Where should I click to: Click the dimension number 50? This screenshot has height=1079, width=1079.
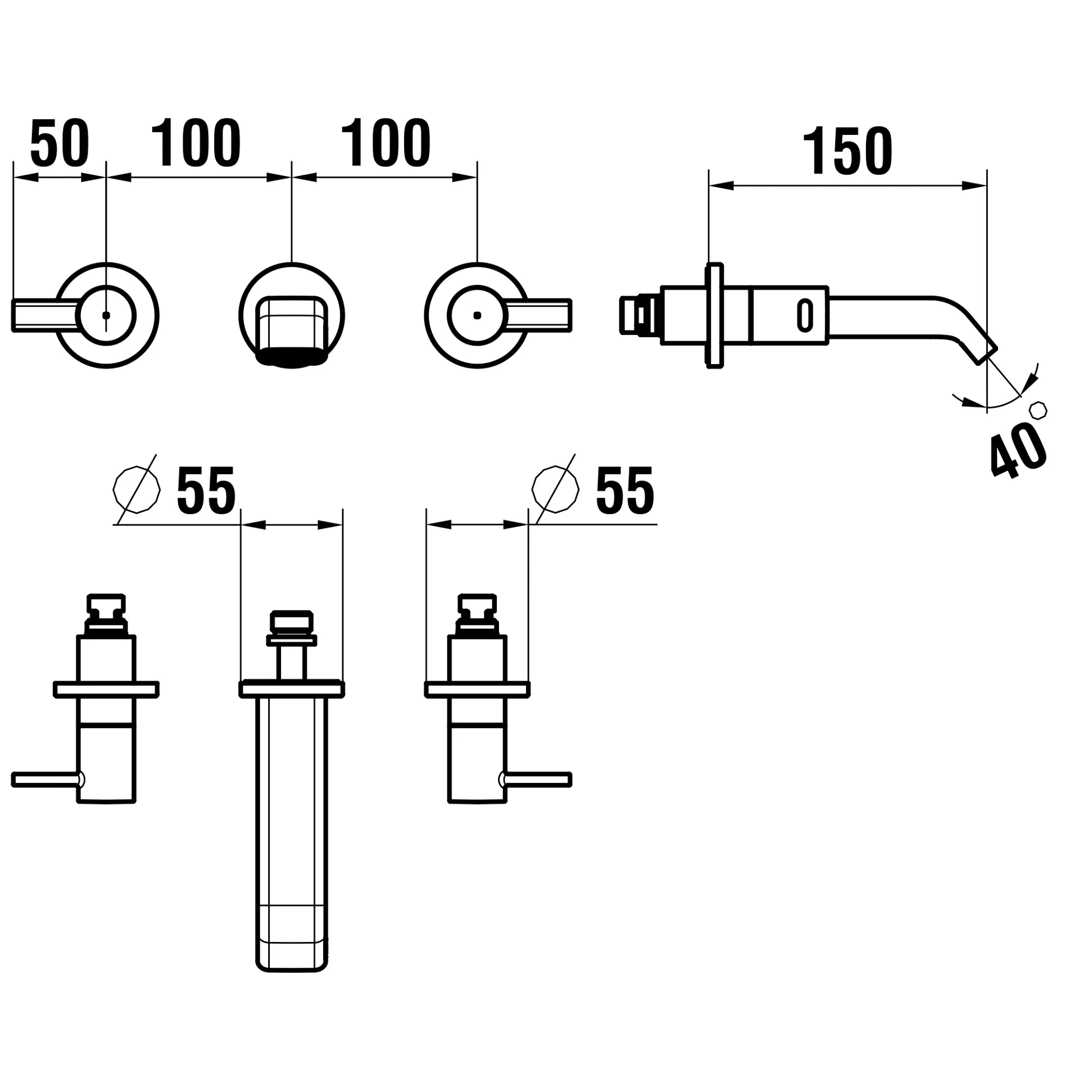[60, 143]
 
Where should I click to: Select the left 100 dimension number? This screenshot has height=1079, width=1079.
[196, 143]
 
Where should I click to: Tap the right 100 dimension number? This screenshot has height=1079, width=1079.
[386, 143]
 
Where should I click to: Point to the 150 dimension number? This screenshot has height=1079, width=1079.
[847, 151]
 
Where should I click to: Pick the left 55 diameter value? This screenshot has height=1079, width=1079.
[206, 490]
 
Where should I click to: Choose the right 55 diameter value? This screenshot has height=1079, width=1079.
[625, 490]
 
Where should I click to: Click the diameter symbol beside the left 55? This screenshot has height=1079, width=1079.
[137, 489]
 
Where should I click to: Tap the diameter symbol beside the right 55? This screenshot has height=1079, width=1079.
[555, 489]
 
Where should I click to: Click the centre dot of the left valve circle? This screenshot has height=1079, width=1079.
[106, 315]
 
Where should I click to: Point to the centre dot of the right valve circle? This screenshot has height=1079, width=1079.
[477, 315]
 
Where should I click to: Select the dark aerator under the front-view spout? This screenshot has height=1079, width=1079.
[292, 357]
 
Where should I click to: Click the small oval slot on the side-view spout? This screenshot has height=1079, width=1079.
[805, 315]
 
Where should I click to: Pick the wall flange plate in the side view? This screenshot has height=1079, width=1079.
[714, 315]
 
